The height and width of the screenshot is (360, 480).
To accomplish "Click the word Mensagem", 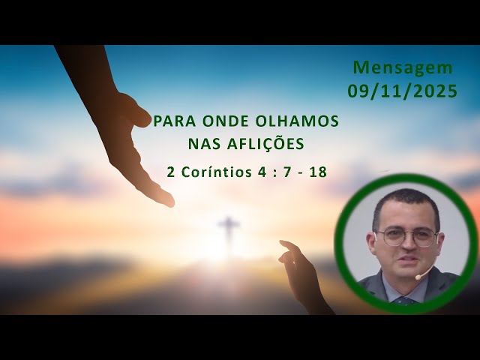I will coord(403,67).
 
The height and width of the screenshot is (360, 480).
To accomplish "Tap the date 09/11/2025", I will coord(403,91).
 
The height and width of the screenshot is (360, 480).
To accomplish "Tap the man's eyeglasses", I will coord(406,237).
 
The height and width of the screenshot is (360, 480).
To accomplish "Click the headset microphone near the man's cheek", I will coord(421,276).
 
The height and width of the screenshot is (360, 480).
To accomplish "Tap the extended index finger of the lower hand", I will coord(287,245).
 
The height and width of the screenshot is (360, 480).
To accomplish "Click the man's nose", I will coord(406,247).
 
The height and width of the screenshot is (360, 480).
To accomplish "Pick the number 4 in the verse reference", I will coord(262,171).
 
